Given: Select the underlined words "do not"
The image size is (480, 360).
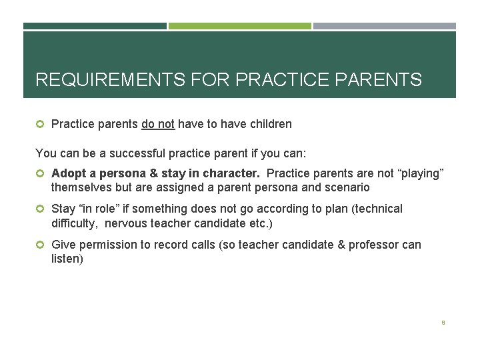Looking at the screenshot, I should tap(158, 124).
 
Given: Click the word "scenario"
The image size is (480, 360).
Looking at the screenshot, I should tap(347, 188).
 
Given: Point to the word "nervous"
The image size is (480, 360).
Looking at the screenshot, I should tap(127, 223).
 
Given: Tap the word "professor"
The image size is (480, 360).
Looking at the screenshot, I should tap(373, 245).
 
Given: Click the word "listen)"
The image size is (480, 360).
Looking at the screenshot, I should tap(67, 258).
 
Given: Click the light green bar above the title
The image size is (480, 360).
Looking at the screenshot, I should tap(239, 26).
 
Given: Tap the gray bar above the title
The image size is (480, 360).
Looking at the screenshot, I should tap(385, 26).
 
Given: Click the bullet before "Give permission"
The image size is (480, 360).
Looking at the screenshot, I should tap(40, 245).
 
